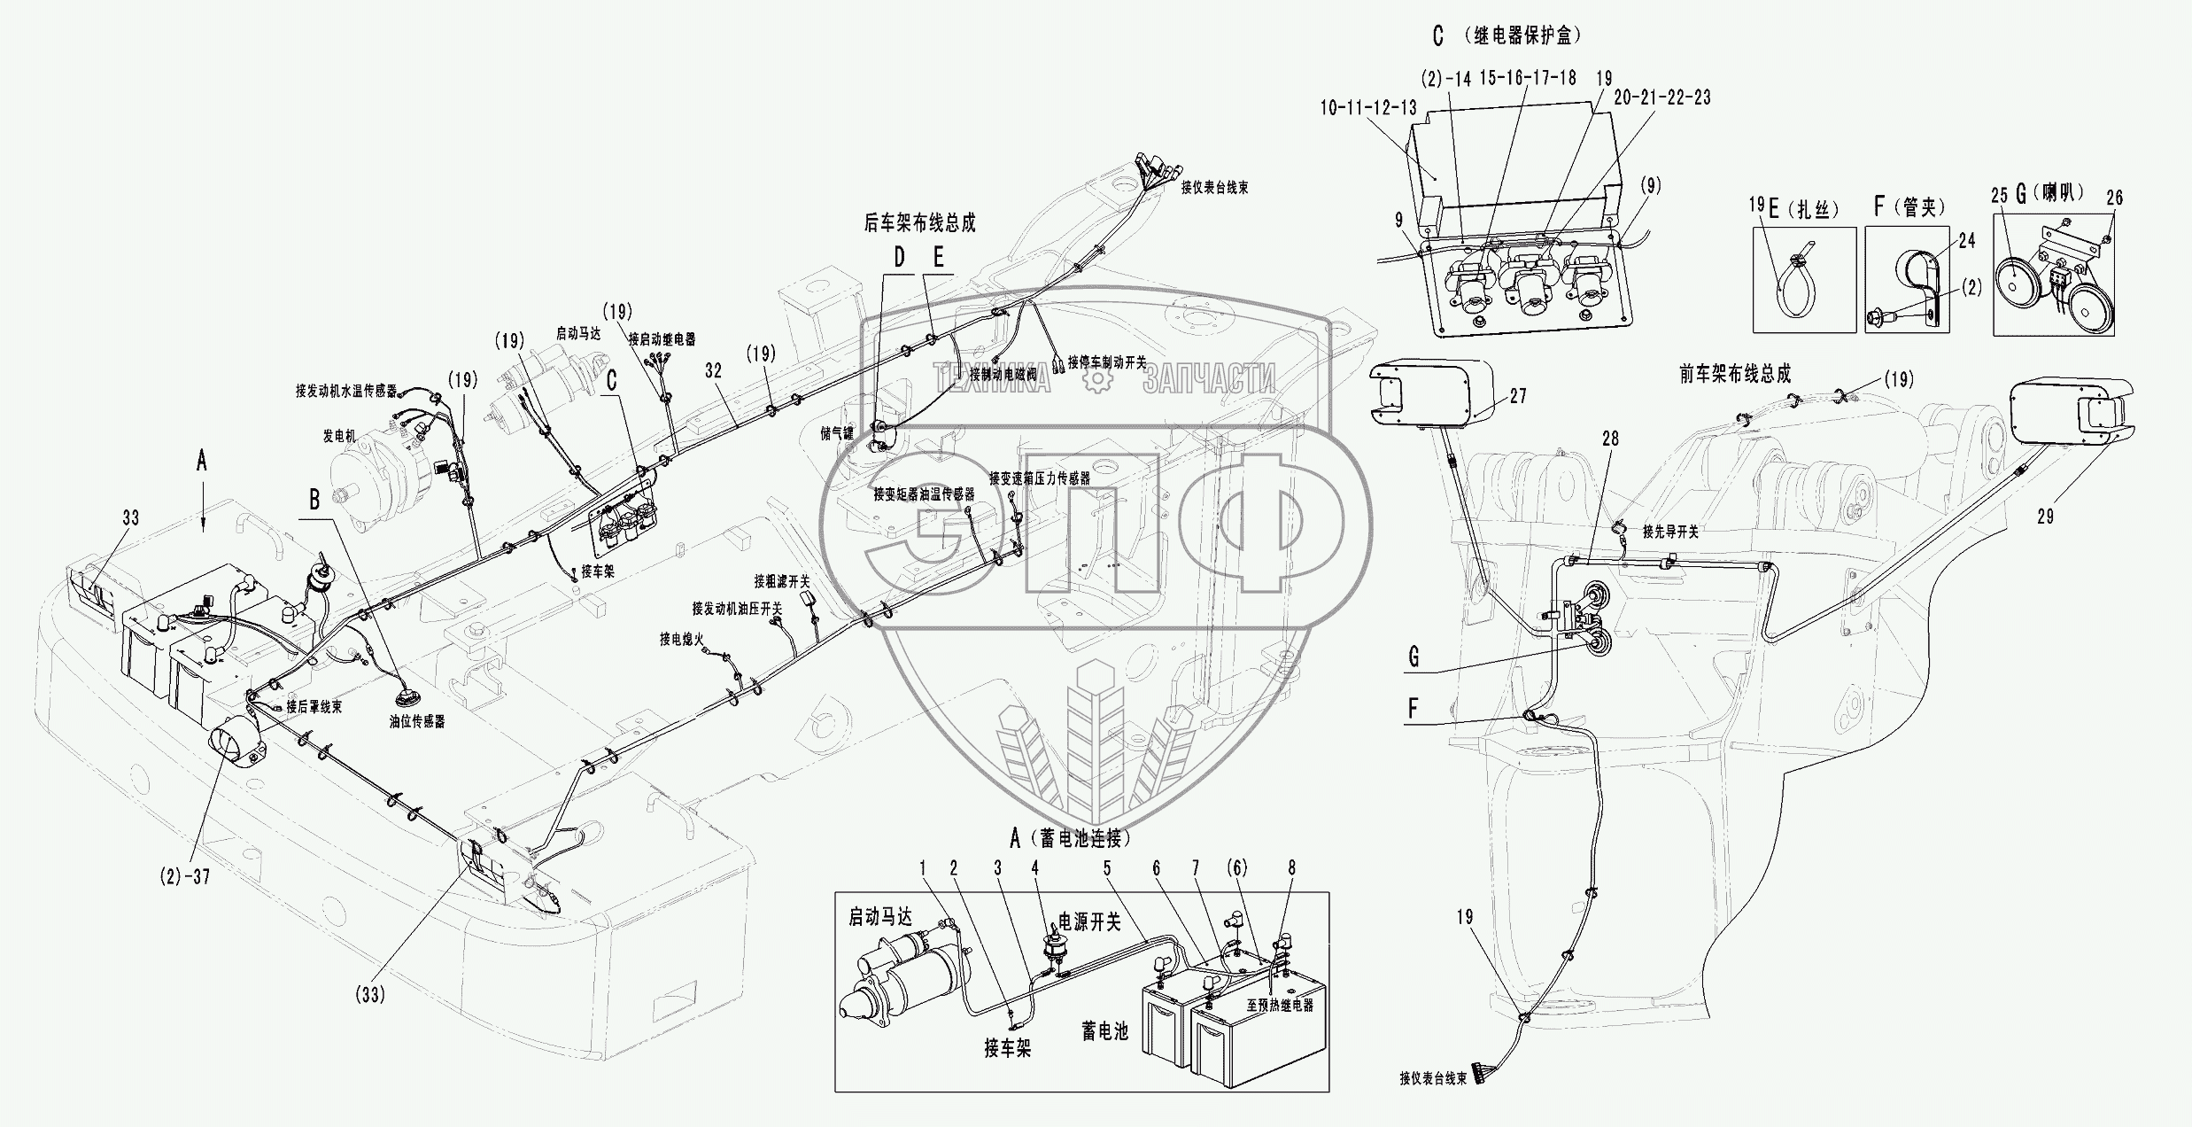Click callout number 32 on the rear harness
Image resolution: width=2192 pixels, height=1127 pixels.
coord(713,372)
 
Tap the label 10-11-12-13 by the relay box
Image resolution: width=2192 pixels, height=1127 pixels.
coord(1367,108)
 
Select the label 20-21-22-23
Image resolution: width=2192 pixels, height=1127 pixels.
coord(1661,97)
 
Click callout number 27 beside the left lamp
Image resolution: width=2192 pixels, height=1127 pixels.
coord(1518,396)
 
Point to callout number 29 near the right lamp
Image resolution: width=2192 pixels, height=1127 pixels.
coord(2045,517)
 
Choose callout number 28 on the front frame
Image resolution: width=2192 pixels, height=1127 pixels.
coord(1609,438)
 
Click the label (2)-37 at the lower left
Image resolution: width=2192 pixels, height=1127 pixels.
coord(185,876)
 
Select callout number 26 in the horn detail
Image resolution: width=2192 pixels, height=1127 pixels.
coord(2114,198)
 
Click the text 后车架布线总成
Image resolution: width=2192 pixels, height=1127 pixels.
coord(919,223)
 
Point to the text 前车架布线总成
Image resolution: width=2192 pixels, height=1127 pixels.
coord(1734,374)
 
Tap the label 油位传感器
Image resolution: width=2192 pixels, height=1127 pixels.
coord(416,721)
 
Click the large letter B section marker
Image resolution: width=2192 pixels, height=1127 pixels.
coord(314,501)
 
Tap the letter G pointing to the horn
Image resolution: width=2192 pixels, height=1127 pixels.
coord(1414,657)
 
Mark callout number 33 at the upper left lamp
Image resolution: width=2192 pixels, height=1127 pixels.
coord(131,517)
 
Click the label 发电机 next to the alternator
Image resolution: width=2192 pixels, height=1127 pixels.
coord(338,437)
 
